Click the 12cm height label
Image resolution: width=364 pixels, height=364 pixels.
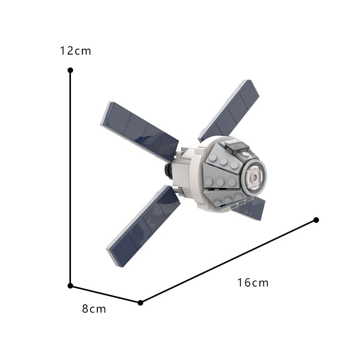pyautogui.click(x=76, y=51)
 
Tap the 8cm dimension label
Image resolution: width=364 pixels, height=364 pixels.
pyautogui.click(x=94, y=309)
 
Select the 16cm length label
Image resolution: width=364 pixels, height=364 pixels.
pyautogui.click(x=253, y=283)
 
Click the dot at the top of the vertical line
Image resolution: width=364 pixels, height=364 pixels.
pyautogui.click(x=70, y=70)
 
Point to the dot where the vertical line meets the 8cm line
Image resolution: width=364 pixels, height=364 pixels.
pyautogui.click(x=70, y=286)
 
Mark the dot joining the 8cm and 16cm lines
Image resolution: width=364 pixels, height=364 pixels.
pyautogui.click(x=140, y=303)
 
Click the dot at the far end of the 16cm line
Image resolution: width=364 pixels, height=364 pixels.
pyautogui.click(x=316, y=220)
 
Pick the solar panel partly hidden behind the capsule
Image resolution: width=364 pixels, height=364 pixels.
pyautogui.click(x=253, y=207)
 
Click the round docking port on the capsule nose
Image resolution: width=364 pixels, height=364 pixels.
pyautogui.click(x=253, y=175)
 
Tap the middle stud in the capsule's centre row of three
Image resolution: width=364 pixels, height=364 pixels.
pyautogui.click(x=220, y=182)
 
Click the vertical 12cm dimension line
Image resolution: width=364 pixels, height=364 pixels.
pyautogui.click(x=70, y=177)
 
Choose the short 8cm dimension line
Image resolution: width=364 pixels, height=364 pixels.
pyautogui.click(x=105, y=294)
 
